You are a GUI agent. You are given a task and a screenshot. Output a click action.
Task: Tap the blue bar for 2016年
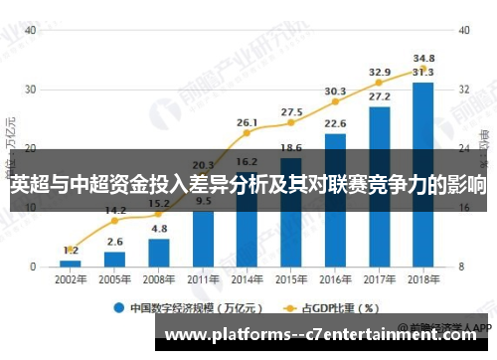(x=335, y=200)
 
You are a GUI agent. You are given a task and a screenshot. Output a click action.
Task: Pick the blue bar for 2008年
(x=159, y=253)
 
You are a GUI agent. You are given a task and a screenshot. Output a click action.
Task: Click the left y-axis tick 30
(x=32, y=90)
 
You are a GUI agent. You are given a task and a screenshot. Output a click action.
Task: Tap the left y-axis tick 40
(x=32, y=30)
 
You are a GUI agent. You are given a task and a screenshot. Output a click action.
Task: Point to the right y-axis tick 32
(x=463, y=90)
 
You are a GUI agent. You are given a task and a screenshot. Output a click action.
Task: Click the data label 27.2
(x=379, y=97)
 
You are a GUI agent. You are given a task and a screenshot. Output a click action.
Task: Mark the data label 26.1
(x=248, y=122)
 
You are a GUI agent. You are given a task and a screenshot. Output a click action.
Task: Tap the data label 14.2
(x=115, y=210)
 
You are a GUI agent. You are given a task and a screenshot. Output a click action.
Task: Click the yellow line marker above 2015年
(x=291, y=124)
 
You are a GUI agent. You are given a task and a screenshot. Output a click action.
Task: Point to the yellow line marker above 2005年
(x=115, y=222)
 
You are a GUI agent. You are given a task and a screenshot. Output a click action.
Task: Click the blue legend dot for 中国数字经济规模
(x=118, y=307)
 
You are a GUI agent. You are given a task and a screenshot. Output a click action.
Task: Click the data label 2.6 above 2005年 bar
(x=115, y=242)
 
